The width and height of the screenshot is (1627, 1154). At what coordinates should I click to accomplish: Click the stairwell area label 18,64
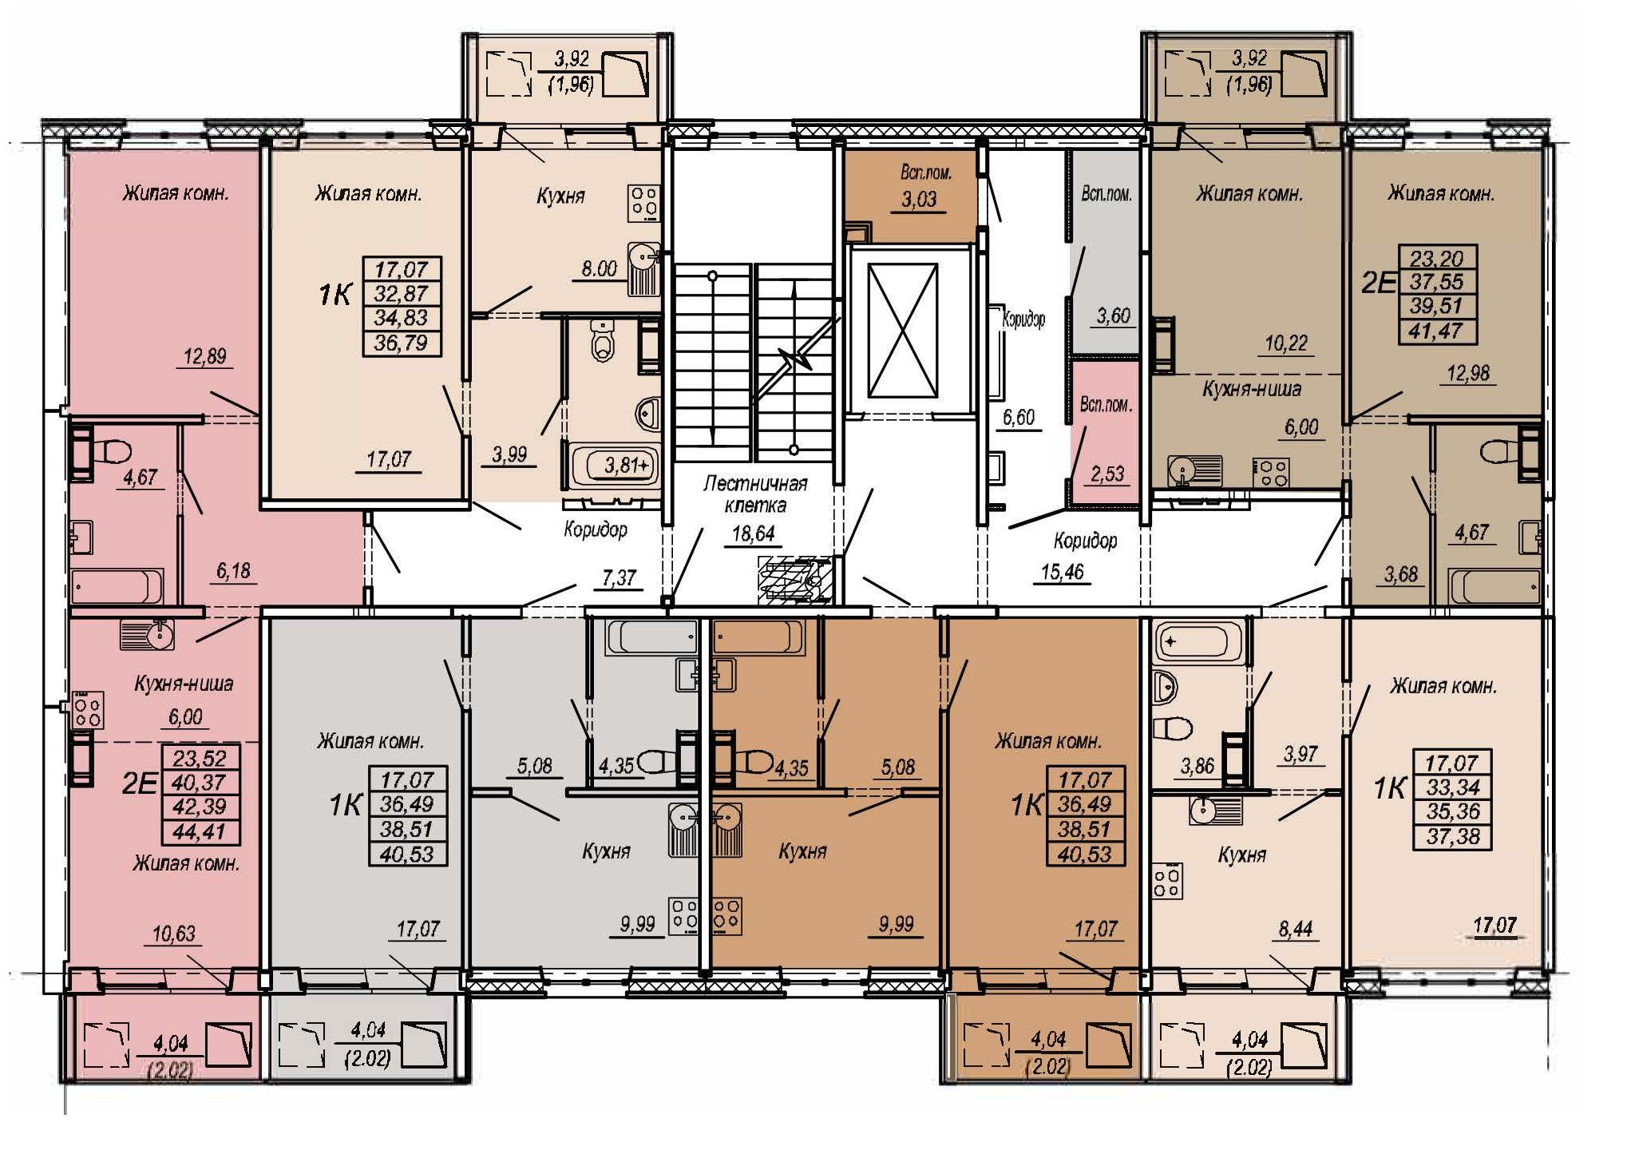[x=753, y=533]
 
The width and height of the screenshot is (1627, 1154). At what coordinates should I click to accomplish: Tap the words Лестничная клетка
[x=755, y=494]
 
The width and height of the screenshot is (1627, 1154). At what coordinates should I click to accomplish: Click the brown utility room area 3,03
[x=919, y=200]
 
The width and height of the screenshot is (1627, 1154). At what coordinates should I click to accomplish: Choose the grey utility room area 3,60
[x=1113, y=316]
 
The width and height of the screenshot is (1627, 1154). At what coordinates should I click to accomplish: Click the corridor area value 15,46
[x=1062, y=572]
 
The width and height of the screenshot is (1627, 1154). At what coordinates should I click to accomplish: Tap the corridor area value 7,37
[x=619, y=577]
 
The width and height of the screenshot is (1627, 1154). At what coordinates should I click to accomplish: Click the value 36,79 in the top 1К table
[x=405, y=343]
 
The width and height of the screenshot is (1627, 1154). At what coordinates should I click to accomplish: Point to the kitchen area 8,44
[x=1295, y=930]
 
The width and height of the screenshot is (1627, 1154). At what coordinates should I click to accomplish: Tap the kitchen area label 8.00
[x=599, y=269]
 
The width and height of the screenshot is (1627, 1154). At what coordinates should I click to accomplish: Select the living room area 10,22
[x=1286, y=343]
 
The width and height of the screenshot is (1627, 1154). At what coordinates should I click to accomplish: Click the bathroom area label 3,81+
[x=627, y=465]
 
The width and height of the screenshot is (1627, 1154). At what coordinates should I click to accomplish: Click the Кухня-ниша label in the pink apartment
[x=184, y=684]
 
